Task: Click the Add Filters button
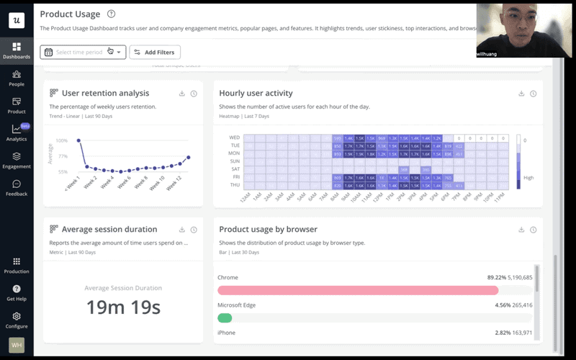tap(155, 52)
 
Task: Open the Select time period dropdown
tap(83, 52)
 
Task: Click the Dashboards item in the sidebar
tap(16, 50)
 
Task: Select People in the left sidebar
tap(16, 78)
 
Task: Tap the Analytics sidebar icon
tap(16, 132)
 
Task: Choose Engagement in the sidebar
tap(16, 160)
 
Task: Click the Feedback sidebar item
tap(16, 187)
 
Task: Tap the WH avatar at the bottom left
tap(16, 345)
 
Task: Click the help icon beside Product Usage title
tap(110, 14)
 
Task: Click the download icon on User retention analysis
tap(182, 94)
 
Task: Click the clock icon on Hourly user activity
tap(533, 94)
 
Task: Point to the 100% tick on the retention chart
tap(62, 140)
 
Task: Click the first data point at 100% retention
tap(78, 140)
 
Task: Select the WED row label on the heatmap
tap(234, 137)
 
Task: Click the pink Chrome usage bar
tap(357, 290)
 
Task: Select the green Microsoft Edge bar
tap(225, 318)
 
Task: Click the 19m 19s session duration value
tap(123, 307)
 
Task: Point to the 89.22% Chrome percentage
tap(498, 277)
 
